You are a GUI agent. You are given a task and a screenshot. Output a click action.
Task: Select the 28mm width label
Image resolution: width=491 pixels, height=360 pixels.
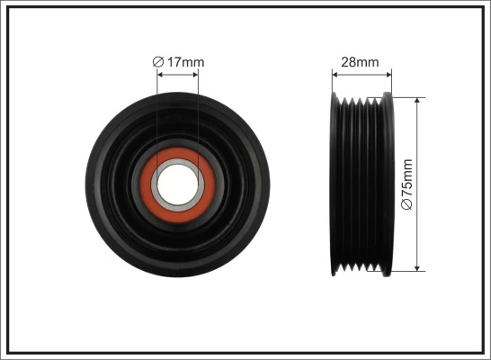[361, 62]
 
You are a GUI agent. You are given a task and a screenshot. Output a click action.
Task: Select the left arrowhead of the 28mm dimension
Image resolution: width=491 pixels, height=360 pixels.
[334, 75]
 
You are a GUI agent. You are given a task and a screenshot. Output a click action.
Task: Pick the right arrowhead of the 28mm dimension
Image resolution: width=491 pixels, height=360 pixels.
[389, 75]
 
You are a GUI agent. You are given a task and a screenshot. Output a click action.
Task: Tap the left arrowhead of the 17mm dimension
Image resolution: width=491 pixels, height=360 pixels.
[160, 75]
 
